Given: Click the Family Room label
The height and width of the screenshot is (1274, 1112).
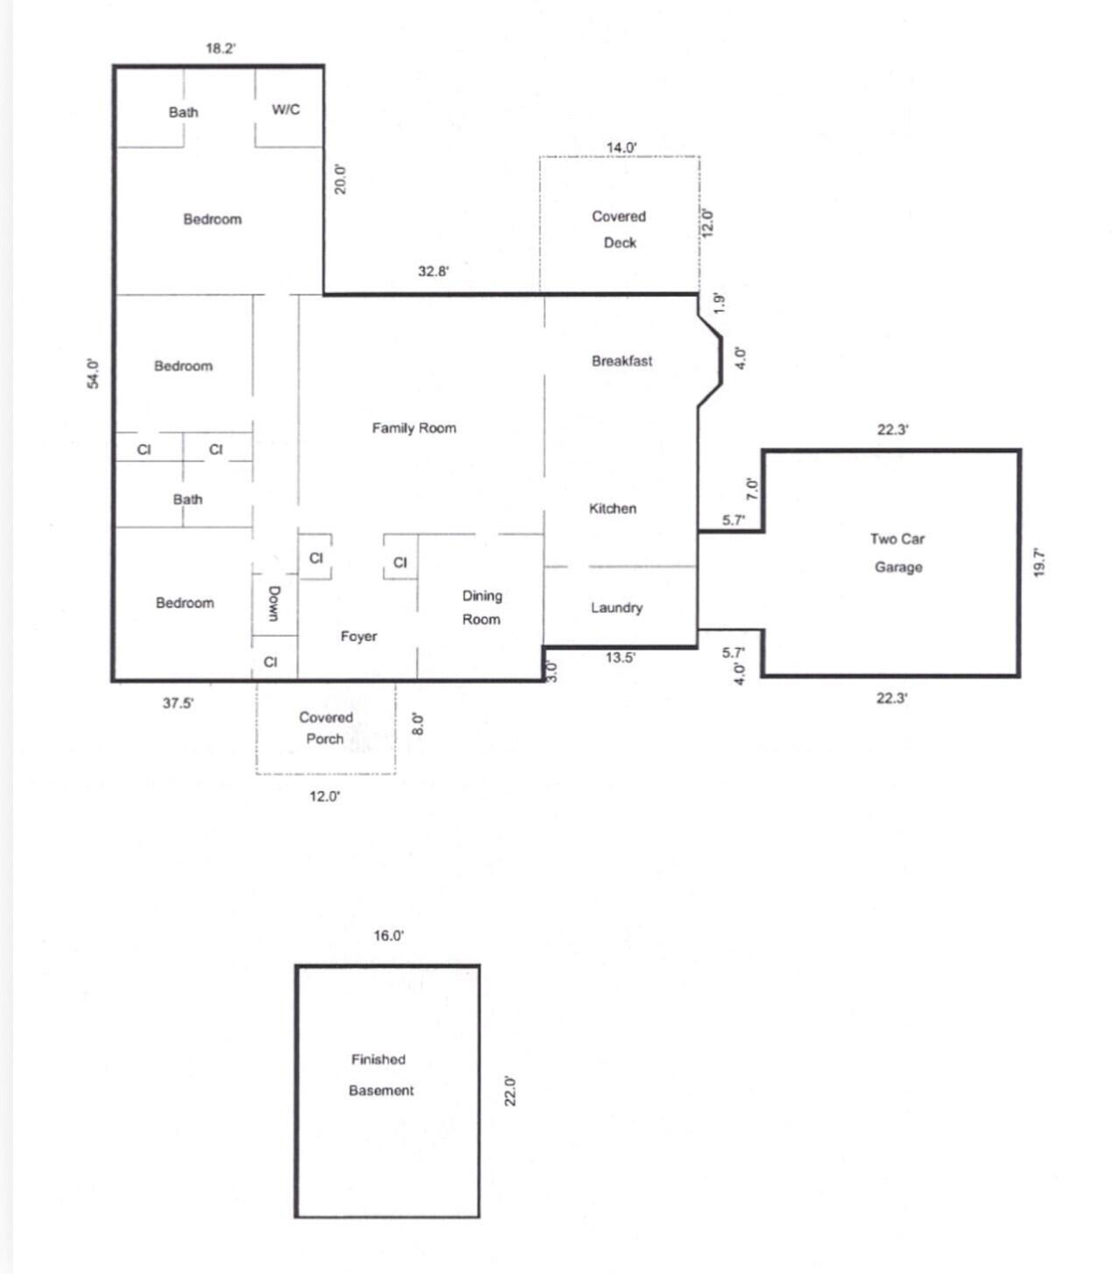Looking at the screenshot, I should point(414,428).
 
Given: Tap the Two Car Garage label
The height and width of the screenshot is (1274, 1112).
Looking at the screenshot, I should point(897,553).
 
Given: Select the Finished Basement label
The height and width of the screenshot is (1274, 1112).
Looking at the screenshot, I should point(380,1074).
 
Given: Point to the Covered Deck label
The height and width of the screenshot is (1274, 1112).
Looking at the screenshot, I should point(619,229).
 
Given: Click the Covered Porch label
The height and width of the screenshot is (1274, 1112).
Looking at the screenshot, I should point(326,728).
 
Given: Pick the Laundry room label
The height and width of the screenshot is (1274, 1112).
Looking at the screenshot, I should point(616,608).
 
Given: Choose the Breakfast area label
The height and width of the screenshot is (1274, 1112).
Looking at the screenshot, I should point(622,361).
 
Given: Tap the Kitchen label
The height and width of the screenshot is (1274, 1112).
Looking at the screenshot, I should point(612,509).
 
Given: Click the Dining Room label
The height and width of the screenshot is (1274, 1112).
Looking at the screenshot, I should point(482,607).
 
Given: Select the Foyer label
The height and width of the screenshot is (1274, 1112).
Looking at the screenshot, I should point(359,637).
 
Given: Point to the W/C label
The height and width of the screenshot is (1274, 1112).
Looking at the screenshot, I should point(285,109).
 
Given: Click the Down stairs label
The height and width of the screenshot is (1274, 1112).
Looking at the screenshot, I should point(274,603).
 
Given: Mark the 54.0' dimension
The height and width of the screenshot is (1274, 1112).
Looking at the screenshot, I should point(94,374).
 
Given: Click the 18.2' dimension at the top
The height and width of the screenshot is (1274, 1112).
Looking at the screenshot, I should point(220,49).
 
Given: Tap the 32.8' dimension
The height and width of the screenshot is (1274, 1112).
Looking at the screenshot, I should point(433,271).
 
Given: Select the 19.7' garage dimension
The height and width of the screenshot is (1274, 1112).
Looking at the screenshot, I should point(1039,562).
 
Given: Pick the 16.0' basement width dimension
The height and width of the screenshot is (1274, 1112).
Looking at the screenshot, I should point(389,936).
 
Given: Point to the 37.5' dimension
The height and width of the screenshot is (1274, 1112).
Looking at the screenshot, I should point(179,702).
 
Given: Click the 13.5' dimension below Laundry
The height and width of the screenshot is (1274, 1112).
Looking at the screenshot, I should point(620,658).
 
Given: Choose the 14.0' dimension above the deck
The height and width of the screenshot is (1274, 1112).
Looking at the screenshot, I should point(622,147).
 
